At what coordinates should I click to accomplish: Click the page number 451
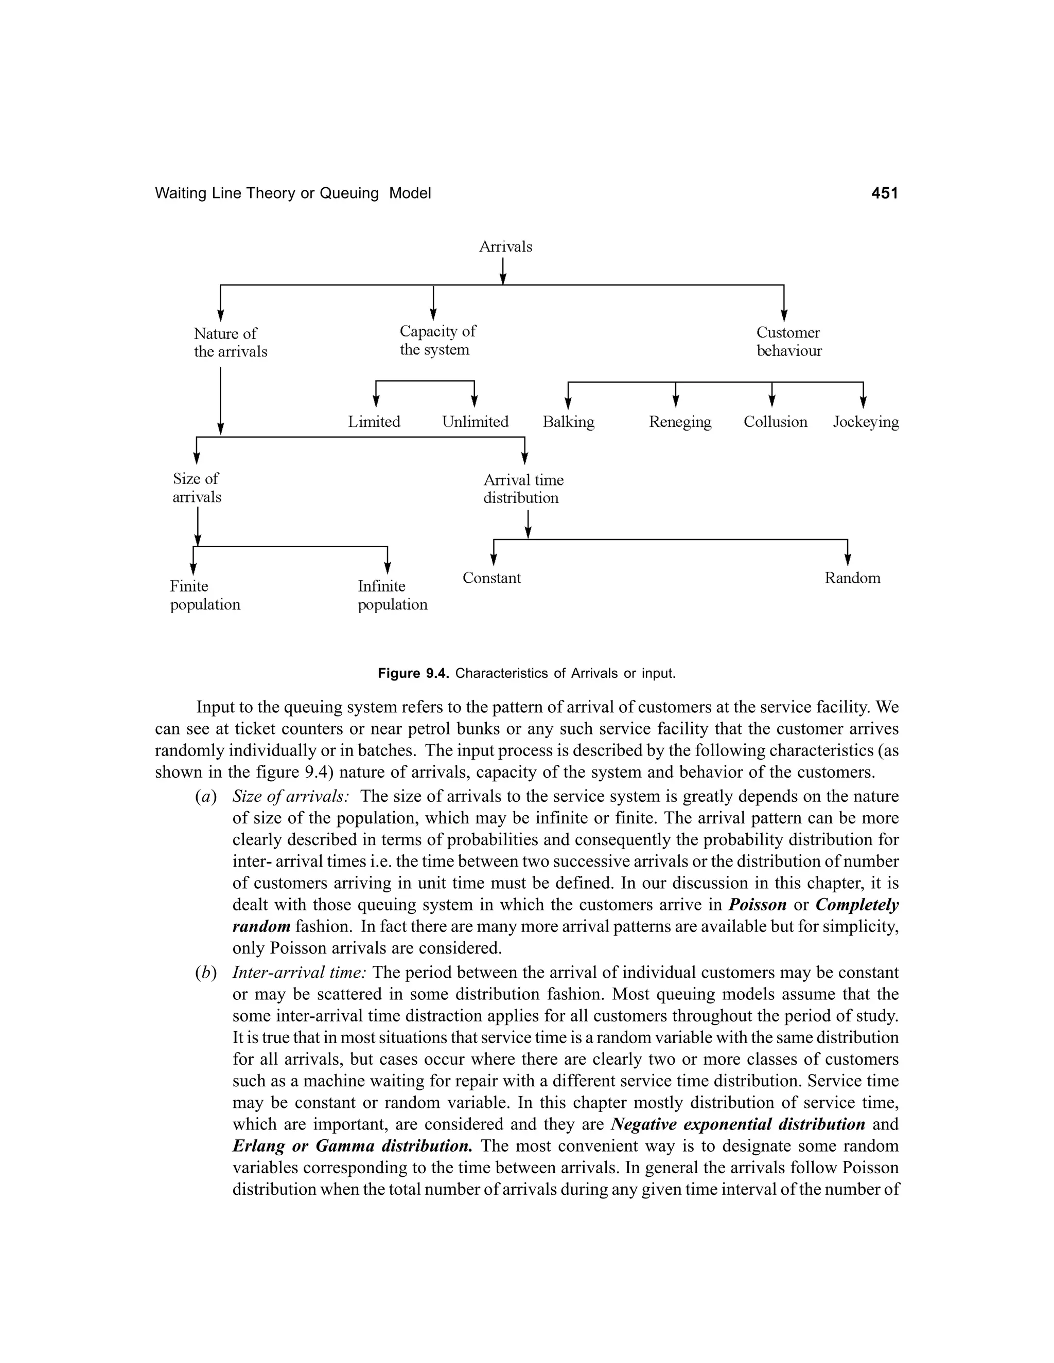884,193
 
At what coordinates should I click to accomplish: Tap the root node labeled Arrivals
505,246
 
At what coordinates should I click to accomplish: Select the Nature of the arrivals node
230,343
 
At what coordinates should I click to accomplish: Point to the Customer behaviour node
788,342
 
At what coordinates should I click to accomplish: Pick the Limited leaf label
374,422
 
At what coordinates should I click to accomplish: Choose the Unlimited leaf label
475,422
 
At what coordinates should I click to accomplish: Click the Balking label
568,422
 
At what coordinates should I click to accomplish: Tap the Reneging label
680,422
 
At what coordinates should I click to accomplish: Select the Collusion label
775,422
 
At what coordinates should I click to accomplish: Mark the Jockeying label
866,422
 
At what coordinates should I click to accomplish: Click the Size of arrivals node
197,488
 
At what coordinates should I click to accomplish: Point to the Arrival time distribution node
523,489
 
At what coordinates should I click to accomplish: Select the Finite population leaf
205,596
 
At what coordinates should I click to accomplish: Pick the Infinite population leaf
392,596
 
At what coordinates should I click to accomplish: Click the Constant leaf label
491,578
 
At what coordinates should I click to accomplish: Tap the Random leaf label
852,578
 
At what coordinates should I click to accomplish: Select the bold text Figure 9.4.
414,674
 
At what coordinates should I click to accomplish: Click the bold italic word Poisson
757,905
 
